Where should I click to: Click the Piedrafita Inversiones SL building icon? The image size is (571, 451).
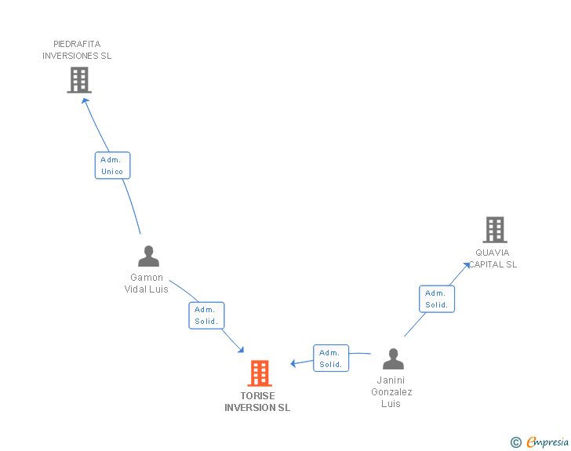click(79, 79)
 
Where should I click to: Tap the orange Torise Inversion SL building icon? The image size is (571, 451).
click(260, 373)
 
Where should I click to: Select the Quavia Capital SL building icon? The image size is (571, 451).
click(494, 230)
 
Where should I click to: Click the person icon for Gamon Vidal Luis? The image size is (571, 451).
click(148, 256)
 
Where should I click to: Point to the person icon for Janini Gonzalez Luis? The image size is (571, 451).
click(393, 359)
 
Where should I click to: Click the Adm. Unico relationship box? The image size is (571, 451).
click(112, 165)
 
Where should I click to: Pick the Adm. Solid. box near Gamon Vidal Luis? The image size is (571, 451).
click(206, 315)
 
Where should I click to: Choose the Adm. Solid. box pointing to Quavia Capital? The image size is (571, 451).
click(436, 299)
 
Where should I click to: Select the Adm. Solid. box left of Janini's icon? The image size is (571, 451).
click(330, 358)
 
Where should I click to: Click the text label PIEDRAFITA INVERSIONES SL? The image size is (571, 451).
click(77, 50)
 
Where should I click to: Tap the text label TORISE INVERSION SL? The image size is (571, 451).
click(257, 402)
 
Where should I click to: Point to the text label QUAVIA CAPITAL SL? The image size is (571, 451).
click(493, 259)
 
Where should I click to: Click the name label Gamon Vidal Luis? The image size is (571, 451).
click(147, 283)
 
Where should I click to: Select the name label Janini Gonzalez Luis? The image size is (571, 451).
click(391, 392)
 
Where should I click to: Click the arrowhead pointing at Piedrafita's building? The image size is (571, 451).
click(85, 100)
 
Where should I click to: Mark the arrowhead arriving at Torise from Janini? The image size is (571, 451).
click(294, 363)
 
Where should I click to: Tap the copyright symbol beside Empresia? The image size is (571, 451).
click(515, 443)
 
